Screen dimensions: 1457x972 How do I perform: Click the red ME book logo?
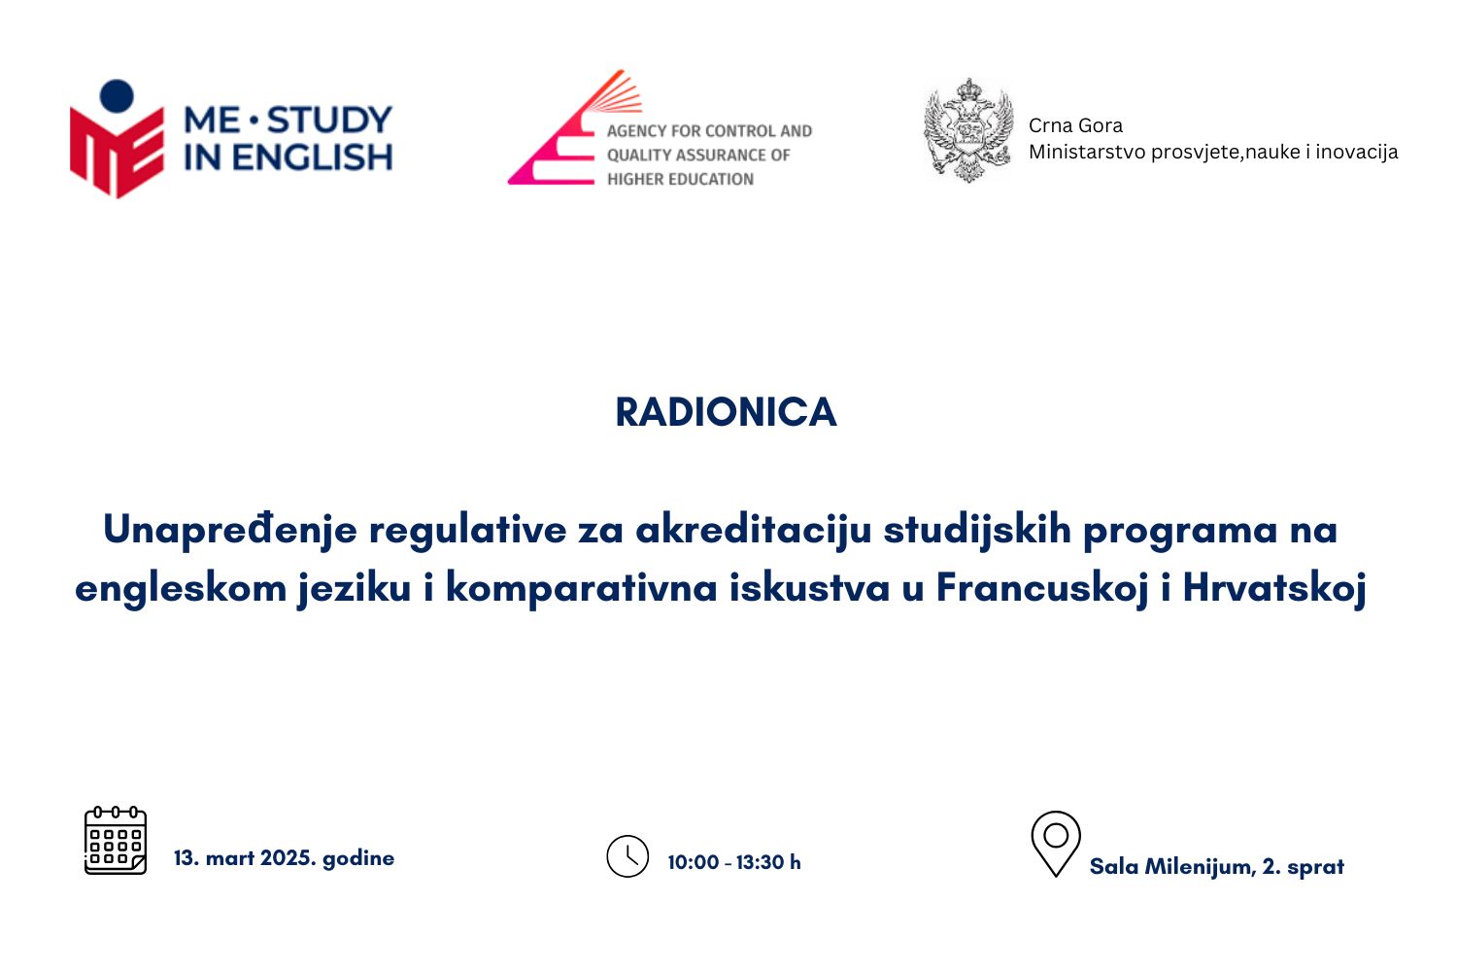coord(118,153)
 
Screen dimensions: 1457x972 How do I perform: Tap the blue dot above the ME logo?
coord(118,96)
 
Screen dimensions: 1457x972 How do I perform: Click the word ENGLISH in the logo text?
coord(312,157)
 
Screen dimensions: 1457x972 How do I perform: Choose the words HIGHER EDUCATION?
coord(680,179)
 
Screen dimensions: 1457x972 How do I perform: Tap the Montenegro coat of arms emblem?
coord(968,130)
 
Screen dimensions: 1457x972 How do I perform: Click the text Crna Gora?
coord(1076,125)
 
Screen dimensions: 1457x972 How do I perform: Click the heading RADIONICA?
coord(726,412)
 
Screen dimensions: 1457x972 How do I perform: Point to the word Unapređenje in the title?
coord(230,531)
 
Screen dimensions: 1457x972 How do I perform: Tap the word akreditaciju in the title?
coord(753,530)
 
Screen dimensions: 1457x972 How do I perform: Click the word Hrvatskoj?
coord(1274,588)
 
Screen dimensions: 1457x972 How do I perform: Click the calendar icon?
coord(116,841)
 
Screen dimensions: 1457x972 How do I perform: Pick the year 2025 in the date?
coord(288,857)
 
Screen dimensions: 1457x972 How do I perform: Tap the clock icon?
coord(627,856)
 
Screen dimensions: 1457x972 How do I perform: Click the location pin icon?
coord(1056,844)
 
